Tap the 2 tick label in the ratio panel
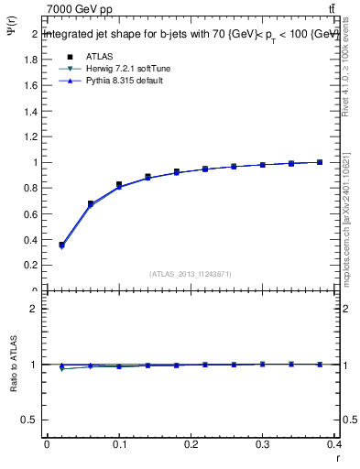(x=34, y=309)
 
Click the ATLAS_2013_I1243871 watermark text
(x=191, y=274)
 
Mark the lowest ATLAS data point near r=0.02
(x=61, y=245)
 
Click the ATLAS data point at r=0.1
(x=119, y=185)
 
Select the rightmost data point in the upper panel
(x=320, y=162)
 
